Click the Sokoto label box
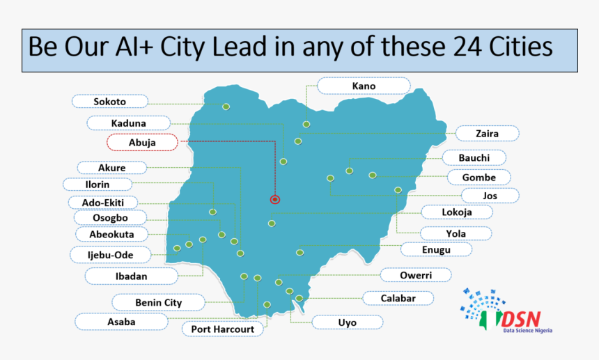click(110, 102)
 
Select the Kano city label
click(364, 86)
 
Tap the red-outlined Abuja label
click(142, 143)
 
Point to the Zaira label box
click(487, 133)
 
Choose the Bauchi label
click(474, 158)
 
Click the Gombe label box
click(479, 178)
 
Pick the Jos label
click(490, 196)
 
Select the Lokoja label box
click(456, 212)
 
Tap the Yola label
click(456, 233)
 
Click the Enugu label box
click(436, 249)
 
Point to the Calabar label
click(398, 298)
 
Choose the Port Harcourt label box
click(223, 329)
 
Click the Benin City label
click(158, 302)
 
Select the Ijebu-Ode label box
click(110, 255)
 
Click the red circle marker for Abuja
click(274, 199)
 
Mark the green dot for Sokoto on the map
click(226, 107)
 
